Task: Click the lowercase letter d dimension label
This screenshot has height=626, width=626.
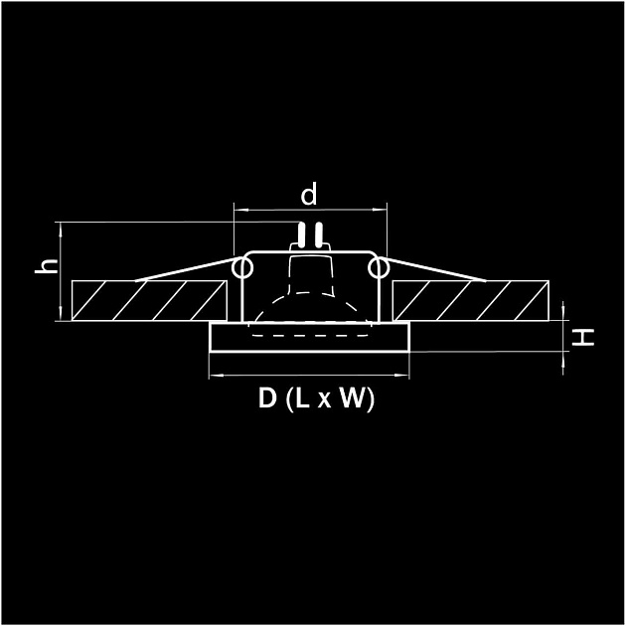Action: pos(309,195)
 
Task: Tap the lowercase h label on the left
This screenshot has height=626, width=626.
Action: pos(44,266)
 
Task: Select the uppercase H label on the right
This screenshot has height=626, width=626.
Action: pos(586,338)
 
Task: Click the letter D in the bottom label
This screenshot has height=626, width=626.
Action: pos(267,399)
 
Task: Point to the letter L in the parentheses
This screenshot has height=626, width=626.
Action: pos(303,399)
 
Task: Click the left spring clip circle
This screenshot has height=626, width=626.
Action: pos(241,268)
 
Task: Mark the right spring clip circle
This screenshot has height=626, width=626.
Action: pos(377,268)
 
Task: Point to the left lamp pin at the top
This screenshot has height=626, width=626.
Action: pos(301,235)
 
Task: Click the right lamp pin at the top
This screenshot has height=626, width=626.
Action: pos(318,235)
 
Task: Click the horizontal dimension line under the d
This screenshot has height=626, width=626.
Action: pos(309,210)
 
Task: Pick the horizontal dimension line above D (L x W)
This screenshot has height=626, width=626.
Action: pos(309,377)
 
